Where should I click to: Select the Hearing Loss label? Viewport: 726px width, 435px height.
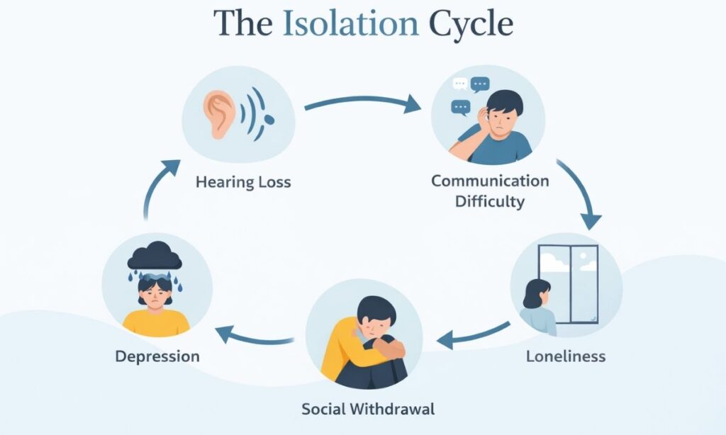pos(243,182)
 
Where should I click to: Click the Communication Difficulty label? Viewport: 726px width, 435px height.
pos(490,191)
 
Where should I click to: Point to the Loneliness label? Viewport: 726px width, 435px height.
pos(566,356)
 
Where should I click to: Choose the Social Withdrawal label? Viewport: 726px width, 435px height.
pos(368,409)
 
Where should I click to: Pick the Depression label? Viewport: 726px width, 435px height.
pos(157,356)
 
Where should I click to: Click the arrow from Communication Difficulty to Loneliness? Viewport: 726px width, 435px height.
pos(581,193)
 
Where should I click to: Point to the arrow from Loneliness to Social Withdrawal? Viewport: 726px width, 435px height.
pos(474,335)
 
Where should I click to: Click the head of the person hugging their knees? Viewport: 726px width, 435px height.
pos(371,316)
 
